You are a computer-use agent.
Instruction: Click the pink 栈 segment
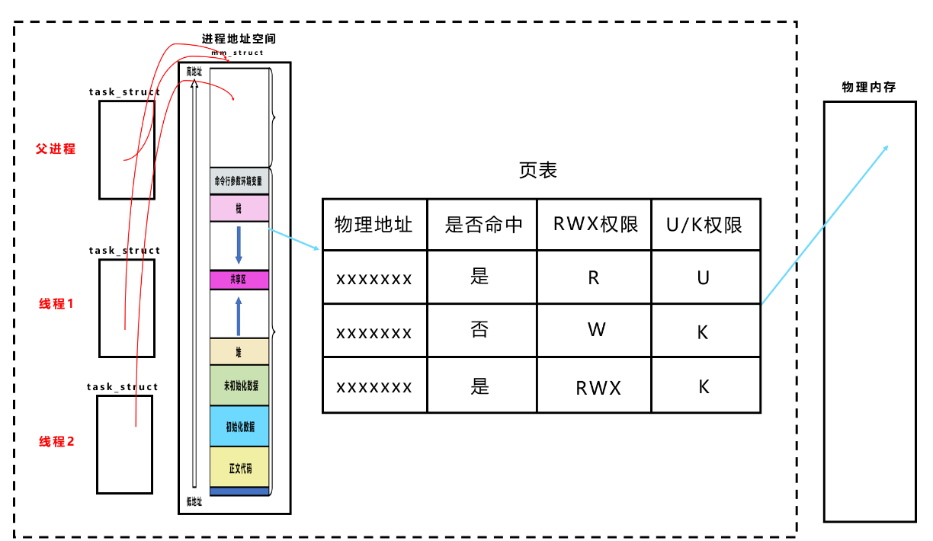[x=239, y=208]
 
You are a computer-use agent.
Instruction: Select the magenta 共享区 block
[x=239, y=280]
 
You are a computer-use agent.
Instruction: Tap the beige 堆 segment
[x=239, y=351]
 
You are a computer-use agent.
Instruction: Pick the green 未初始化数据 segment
[x=239, y=385]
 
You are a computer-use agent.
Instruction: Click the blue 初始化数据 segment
[x=239, y=426]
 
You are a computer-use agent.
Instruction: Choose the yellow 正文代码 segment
[x=239, y=468]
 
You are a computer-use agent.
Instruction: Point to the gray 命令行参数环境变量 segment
[x=239, y=181]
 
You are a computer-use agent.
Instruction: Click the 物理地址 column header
[x=374, y=224]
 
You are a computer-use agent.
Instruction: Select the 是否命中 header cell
[x=483, y=224]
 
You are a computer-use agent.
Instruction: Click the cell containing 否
[x=479, y=331]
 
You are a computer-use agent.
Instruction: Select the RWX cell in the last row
[x=598, y=387]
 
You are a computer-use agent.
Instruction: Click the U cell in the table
[x=704, y=277]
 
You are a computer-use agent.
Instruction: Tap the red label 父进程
[x=56, y=149]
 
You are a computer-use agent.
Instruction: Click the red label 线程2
[x=56, y=441]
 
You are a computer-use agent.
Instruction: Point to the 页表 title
[x=538, y=170]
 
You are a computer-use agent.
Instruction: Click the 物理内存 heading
[x=868, y=88]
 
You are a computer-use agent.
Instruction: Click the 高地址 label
[x=194, y=72]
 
